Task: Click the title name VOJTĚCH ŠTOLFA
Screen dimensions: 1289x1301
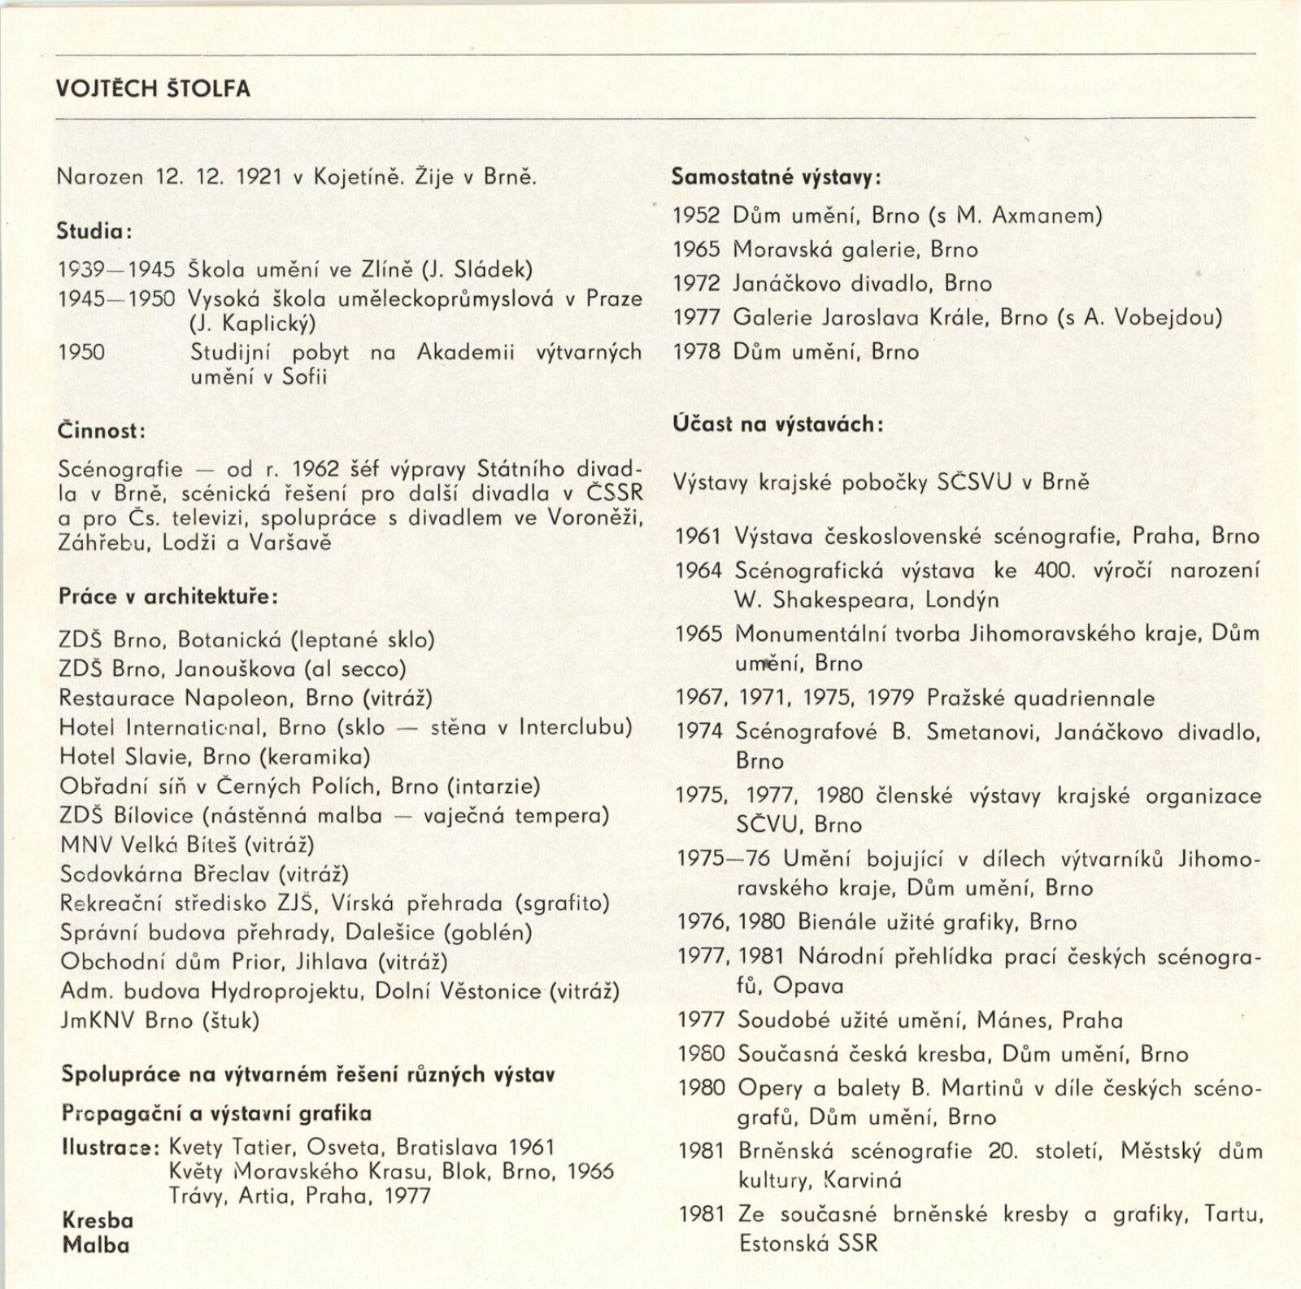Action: pos(153,89)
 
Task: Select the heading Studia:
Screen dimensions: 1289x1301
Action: pos(94,232)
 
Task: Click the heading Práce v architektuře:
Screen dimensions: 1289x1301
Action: pos(168,596)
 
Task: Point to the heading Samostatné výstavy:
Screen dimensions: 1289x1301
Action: pos(777,177)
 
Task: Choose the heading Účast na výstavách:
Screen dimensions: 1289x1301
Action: pos(778,424)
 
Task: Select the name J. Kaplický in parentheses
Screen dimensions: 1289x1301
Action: pos(252,324)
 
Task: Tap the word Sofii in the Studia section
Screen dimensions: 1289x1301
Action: pos(304,377)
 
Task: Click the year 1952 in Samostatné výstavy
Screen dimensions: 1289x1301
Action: pos(697,216)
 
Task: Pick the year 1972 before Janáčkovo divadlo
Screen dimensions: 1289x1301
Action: pos(697,284)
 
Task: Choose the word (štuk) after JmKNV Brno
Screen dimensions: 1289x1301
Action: pos(230,1021)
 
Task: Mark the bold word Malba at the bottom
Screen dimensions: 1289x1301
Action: pos(96,1245)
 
